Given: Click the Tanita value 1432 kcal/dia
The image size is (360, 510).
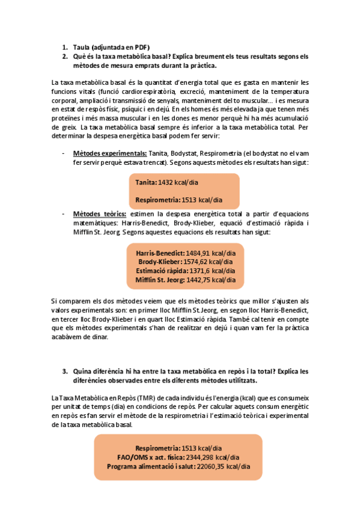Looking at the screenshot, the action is (182, 182).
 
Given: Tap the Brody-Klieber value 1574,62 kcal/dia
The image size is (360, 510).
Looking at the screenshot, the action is (204, 262).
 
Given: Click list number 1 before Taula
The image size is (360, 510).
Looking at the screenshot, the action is (64, 47).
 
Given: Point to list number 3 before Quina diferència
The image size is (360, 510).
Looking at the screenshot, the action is (64, 371).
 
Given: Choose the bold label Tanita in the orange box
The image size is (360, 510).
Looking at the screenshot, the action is (146, 182).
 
